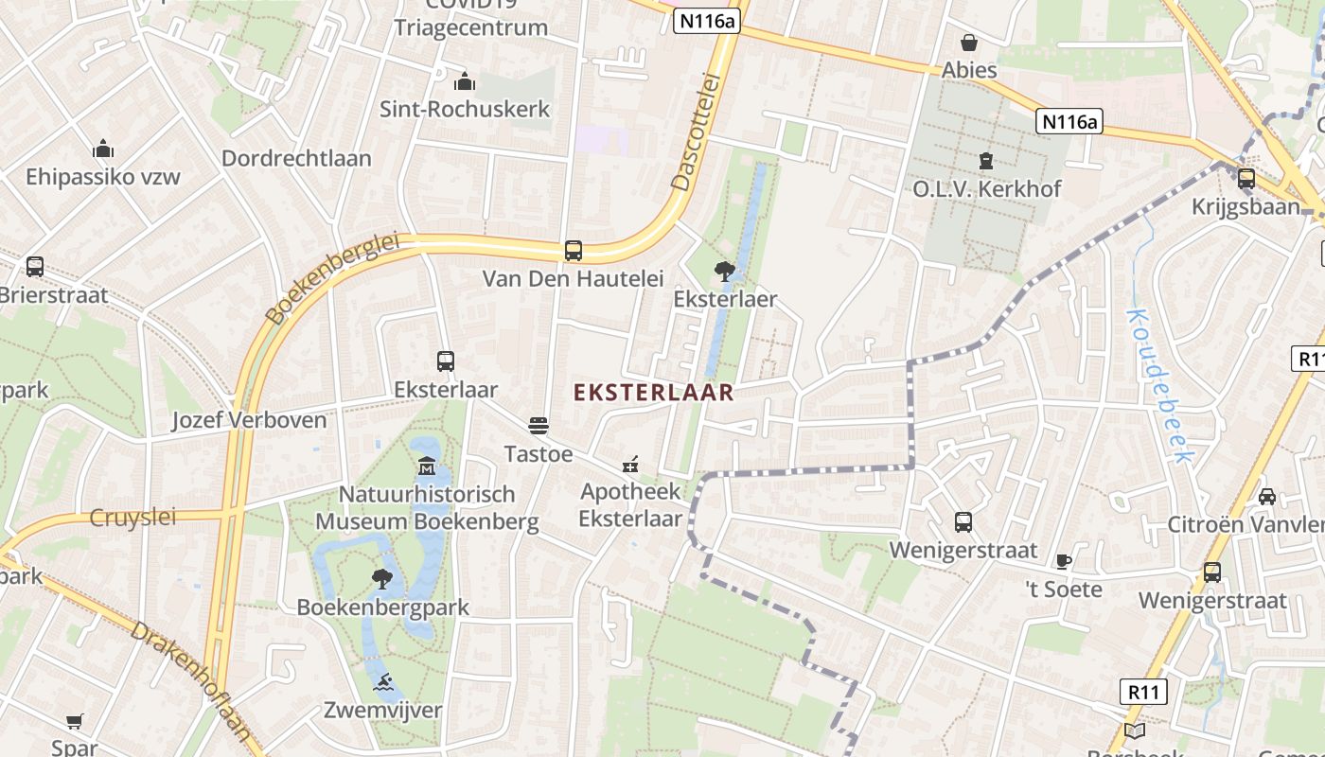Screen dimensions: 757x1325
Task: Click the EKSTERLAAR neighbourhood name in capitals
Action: (654, 393)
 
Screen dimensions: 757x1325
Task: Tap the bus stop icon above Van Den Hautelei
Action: (573, 251)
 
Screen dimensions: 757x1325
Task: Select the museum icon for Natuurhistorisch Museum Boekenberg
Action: (427, 467)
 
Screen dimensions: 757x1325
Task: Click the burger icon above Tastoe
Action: (539, 426)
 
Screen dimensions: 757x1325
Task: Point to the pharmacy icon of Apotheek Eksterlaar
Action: (629, 465)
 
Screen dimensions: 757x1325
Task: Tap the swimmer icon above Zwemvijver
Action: (383, 682)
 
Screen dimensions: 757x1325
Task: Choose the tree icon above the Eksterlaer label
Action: (725, 272)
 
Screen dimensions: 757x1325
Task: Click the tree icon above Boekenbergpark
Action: (382, 578)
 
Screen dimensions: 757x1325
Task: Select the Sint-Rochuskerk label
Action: (465, 109)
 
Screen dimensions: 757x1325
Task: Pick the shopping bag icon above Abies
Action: (969, 43)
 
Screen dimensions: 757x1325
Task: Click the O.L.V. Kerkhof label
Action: (987, 188)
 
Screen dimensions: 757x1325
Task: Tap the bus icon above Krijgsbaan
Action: (1246, 178)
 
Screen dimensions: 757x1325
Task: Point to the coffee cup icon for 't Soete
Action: (1064, 561)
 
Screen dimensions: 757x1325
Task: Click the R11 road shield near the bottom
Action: (1143, 692)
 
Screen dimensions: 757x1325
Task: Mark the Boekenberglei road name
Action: (331, 279)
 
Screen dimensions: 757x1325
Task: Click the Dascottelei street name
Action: (696, 132)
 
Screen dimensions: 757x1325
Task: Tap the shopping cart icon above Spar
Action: (75, 722)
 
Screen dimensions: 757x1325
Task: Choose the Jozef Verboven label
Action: (249, 420)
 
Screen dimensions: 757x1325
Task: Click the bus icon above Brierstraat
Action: (35, 267)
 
